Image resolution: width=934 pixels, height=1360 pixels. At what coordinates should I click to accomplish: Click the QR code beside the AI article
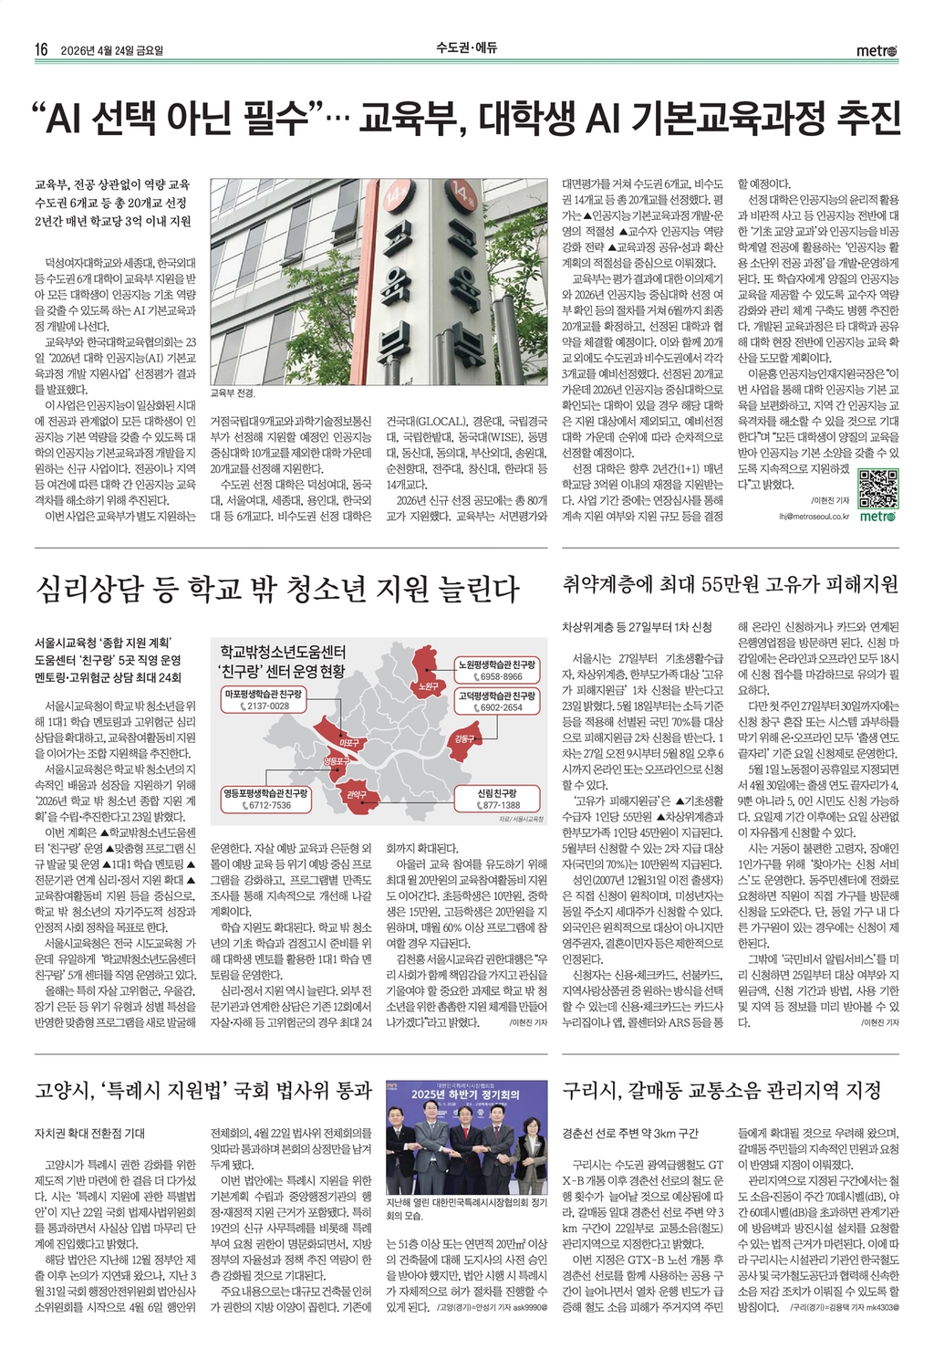pyautogui.click(x=878, y=487)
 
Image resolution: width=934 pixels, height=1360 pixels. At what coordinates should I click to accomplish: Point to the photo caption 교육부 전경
pyautogui.click(x=233, y=393)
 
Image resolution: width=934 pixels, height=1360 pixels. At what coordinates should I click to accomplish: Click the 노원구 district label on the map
pyautogui.click(x=423, y=685)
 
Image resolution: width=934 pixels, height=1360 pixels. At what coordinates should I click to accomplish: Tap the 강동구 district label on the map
pyautogui.click(x=463, y=738)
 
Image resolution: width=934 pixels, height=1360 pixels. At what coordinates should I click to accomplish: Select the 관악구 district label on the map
pyautogui.click(x=357, y=795)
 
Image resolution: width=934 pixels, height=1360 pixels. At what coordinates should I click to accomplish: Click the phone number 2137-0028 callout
pyautogui.click(x=267, y=706)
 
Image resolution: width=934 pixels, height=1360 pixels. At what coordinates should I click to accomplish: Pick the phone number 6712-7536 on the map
pyautogui.click(x=270, y=805)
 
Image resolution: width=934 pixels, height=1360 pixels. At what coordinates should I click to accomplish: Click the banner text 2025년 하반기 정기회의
pyautogui.click(x=465, y=1094)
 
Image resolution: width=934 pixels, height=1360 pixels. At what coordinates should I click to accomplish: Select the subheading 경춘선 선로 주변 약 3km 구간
pyautogui.click(x=630, y=1134)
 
